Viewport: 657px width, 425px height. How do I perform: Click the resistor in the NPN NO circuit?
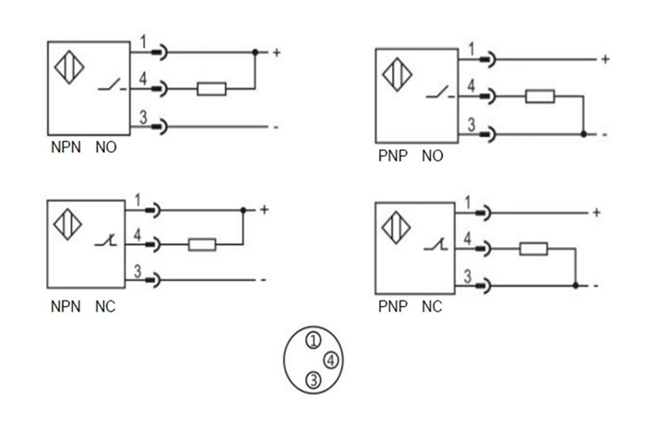pos(211,89)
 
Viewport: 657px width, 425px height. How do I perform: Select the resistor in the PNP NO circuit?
pos(540,97)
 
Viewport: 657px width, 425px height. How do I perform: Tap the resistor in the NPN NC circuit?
pos(200,244)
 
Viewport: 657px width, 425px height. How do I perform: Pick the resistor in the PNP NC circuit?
pos(532,248)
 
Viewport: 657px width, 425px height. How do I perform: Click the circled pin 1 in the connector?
pos(315,340)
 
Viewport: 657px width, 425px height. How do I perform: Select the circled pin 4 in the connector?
pos(329,360)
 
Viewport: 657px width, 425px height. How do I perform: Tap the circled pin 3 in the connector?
pos(314,379)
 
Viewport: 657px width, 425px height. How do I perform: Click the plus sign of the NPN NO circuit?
pos(275,53)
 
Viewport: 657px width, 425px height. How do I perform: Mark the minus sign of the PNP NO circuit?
pos(604,135)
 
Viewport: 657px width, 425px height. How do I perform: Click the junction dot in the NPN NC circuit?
pos(242,209)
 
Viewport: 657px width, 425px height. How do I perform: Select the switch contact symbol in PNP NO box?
pos(438,95)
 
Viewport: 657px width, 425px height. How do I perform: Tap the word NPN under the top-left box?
pos(66,148)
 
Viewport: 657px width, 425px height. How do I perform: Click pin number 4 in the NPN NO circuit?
pos(144,81)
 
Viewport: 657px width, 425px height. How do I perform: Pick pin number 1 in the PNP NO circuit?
pos(472,50)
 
